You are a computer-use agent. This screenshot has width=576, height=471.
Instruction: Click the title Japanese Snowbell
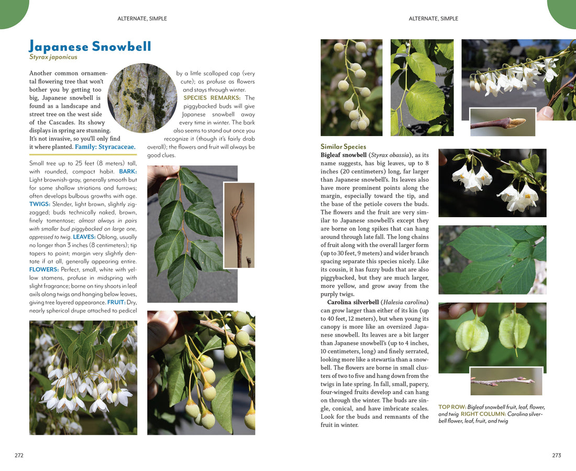coord(90,46)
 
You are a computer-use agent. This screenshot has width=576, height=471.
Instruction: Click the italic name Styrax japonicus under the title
coord(53,58)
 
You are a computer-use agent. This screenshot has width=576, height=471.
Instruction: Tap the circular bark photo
coord(142,98)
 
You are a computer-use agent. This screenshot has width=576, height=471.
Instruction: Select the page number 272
coord(19,455)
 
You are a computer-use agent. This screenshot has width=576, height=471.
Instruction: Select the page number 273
coord(557,455)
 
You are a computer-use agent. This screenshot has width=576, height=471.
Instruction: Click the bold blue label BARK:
coord(128,171)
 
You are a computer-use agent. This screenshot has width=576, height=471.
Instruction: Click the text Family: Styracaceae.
coord(105,147)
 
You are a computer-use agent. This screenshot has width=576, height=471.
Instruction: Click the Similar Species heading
coord(343,147)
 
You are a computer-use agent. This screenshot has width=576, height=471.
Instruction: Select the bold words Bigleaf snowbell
coord(344,155)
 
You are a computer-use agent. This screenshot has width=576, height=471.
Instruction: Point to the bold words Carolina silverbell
coord(353,302)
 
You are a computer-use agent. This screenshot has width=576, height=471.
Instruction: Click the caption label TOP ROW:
coord(452,407)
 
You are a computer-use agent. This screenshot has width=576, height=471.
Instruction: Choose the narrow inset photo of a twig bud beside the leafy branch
coord(239,225)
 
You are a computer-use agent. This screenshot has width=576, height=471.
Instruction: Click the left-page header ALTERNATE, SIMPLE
coord(142,19)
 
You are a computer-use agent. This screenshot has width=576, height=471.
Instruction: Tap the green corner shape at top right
coord(563,12)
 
